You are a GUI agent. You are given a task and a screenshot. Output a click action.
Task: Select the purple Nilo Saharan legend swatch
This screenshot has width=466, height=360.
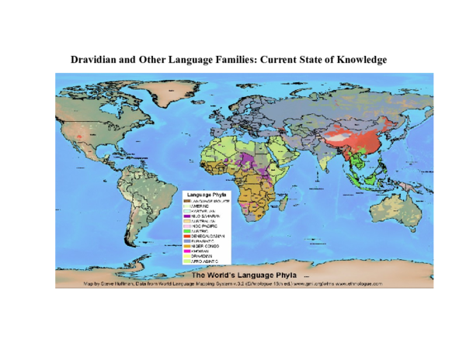click(x=187, y=216)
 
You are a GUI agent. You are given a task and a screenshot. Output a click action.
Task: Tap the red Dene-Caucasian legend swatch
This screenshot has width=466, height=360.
click(x=187, y=235)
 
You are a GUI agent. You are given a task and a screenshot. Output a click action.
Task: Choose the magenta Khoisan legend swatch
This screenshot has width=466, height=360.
click(x=187, y=251)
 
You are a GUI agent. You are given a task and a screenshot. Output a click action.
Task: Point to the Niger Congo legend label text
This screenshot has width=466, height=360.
click(x=206, y=246)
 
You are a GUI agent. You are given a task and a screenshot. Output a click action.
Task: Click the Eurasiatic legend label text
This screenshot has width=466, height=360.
click(x=205, y=241)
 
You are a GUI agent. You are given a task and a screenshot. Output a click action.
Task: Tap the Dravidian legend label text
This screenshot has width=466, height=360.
click(x=204, y=256)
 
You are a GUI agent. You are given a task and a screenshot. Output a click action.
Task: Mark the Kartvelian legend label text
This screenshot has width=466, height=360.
click(x=205, y=210)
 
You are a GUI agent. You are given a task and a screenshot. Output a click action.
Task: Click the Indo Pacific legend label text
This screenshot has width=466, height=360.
click(x=206, y=226)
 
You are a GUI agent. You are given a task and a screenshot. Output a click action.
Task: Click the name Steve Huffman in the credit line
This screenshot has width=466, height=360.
click(x=114, y=284)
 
